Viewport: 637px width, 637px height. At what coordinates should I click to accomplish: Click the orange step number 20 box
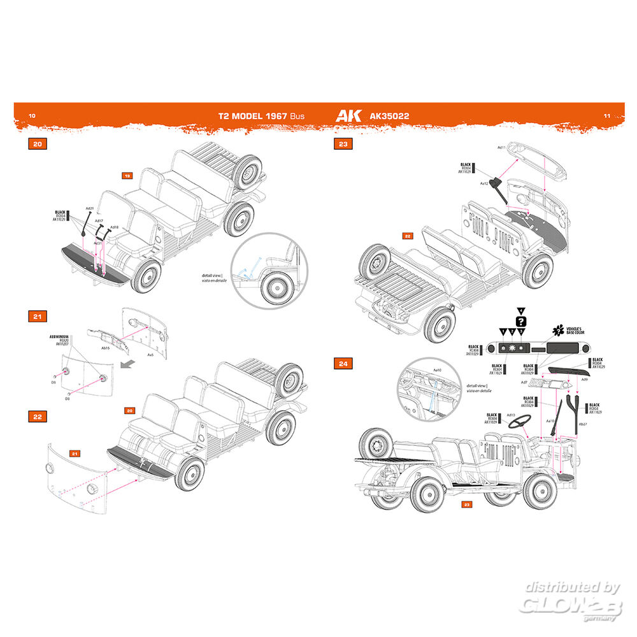38,145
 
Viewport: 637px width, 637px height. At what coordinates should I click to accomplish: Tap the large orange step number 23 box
343,145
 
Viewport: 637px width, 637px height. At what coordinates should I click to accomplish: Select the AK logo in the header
348,116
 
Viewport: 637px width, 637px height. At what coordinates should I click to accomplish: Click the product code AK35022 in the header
389,117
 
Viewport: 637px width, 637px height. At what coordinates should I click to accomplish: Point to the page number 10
32,116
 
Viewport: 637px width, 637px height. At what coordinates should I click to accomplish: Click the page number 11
606,116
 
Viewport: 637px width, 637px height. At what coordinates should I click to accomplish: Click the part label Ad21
89,208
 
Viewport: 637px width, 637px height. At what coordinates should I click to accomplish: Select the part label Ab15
105,347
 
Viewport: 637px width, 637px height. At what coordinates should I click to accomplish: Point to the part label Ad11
501,147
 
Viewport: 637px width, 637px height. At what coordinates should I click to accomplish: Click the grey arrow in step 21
128,364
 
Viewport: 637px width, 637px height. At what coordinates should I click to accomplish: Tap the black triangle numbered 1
503,333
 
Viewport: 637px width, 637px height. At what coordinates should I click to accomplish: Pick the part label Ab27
582,424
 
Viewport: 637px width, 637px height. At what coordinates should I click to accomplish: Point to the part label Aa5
150,355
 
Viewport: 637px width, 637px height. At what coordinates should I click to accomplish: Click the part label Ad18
114,227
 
